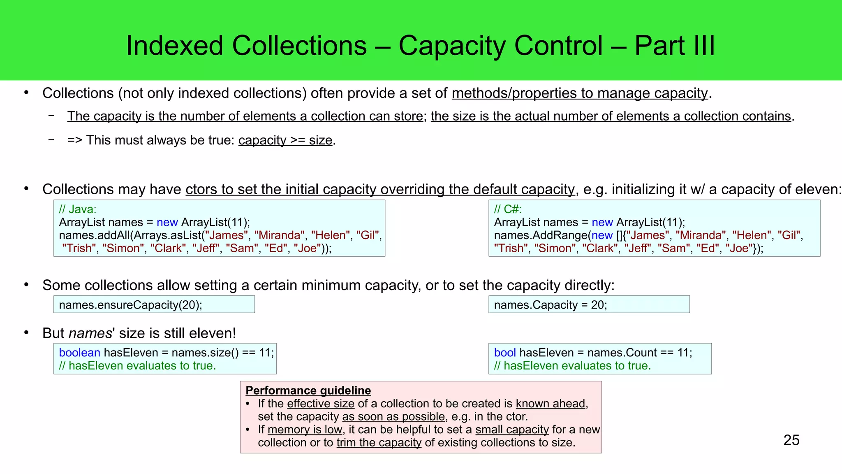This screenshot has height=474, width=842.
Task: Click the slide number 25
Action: tap(791, 440)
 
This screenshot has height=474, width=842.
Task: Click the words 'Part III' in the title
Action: tap(675, 45)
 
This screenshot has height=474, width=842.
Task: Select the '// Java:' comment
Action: tap(78, 209)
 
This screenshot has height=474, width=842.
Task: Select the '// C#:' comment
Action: tap(508, 209)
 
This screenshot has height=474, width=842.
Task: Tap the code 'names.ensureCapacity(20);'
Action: tap(130, 305)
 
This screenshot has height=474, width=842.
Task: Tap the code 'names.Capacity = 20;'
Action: tap(551, 305)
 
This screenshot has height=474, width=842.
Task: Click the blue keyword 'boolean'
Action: tap(79, 353)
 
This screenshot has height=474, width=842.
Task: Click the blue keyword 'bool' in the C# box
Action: tap(505, 353)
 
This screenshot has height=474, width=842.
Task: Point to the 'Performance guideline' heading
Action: tap(308, 390)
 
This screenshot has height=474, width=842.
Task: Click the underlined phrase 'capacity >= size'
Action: tap(285, 140)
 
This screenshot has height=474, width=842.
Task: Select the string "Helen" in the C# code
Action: tap(752, 235)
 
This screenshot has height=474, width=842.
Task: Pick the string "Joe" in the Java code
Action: tap(307, 249)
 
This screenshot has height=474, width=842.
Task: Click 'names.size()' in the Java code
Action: tap(205, 353)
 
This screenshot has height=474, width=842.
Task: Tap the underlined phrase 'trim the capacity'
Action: tap(379, 443)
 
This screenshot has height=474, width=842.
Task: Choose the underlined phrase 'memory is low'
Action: tap(305, 430)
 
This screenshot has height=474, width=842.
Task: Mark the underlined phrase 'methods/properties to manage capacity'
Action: tap(580, 93)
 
